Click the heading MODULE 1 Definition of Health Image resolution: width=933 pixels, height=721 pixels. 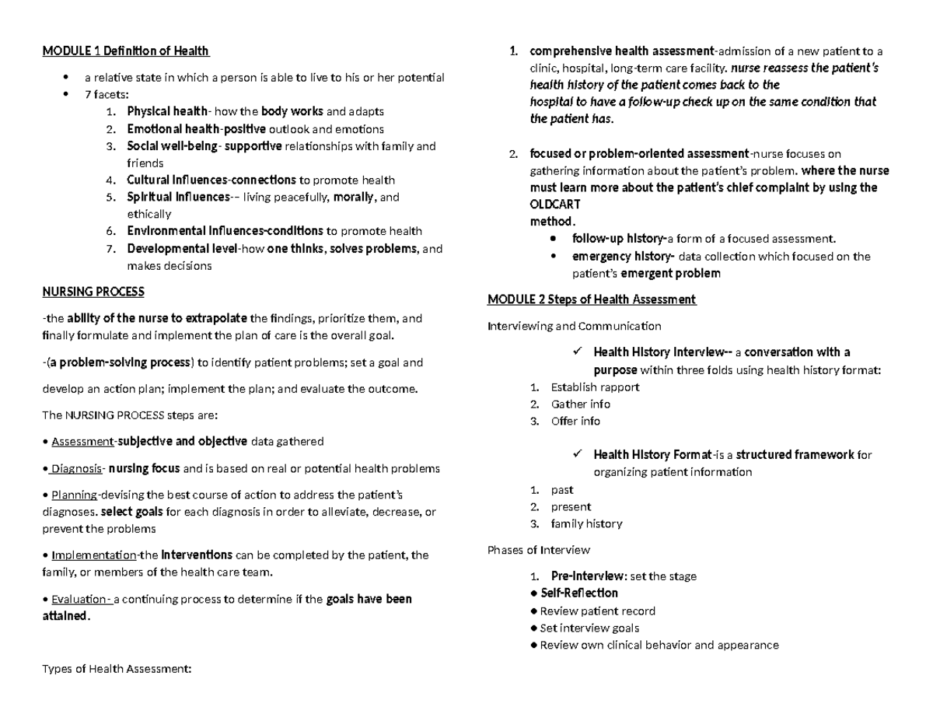(125, 51)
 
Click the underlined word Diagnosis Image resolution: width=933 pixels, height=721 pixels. (76, 468)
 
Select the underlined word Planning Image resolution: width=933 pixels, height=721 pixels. (74, 495)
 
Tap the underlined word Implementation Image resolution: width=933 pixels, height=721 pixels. (93, 555)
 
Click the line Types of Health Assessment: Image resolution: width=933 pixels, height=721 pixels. (117, 668)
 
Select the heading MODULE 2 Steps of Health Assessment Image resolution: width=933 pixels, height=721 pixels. (592, 299)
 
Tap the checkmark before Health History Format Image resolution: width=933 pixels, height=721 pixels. (576, 453)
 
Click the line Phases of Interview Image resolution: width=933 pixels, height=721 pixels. (539, 550)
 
